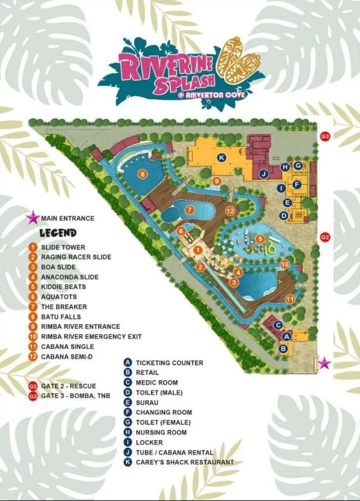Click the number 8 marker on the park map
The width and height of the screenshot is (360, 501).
[x=143, y=174]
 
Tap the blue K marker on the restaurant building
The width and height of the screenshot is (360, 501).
[x=222, y=158]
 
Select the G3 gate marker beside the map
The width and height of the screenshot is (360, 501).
[x=325, y=136]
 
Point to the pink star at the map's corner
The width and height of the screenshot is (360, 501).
[x=325, y=363]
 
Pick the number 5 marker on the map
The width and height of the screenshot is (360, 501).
[x=260, y=238]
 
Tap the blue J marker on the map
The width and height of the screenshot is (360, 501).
[x=263, y=174]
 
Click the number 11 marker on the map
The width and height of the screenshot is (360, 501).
[x=290, y=299]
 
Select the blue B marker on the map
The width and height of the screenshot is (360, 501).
[x=283, y=348]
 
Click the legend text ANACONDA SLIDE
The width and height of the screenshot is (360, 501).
[x=69, y=277]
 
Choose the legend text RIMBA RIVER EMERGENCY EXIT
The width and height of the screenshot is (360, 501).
[x=91, y=336]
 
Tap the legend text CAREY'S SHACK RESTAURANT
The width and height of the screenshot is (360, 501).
[x=185, y=462]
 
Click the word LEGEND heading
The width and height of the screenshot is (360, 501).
[x=58, y=233]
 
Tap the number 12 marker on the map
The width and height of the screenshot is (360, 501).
[x=230, y=211]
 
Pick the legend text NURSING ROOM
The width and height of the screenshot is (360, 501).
[x=161, y=432]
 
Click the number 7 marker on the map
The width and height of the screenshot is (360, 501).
[x=190, y=210]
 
